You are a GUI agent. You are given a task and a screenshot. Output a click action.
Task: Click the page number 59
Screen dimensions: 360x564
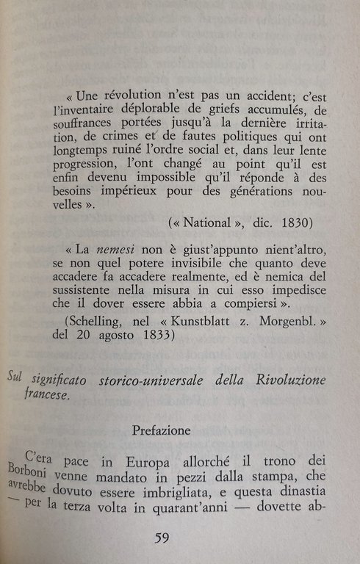(164, 538)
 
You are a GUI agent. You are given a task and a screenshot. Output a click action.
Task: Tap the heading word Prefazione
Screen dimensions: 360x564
(162, 430)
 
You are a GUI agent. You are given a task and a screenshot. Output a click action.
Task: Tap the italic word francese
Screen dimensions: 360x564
(46, 395)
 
